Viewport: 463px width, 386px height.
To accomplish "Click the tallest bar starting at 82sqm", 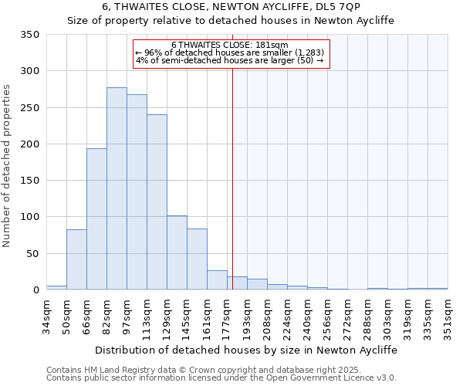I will point(117,189).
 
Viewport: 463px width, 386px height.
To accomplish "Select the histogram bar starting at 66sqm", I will point(96,219).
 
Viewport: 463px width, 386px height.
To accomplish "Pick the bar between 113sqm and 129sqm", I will point(157,202).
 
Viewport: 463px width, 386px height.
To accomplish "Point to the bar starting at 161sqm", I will point(217,280).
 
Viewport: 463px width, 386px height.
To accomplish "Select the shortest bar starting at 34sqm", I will point(56,287).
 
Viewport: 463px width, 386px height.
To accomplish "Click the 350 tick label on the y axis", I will point(30,35).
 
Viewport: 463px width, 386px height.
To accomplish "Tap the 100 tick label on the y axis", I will point(30,217).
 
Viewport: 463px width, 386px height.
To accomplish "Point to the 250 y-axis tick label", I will point(30,108).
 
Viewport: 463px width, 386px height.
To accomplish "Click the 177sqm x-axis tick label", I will point(228,314).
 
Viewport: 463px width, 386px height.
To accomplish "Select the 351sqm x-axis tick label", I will point(448,314).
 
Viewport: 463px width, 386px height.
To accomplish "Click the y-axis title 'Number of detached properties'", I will point(8,167).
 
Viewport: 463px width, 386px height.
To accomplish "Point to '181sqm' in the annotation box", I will point(273,46).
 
